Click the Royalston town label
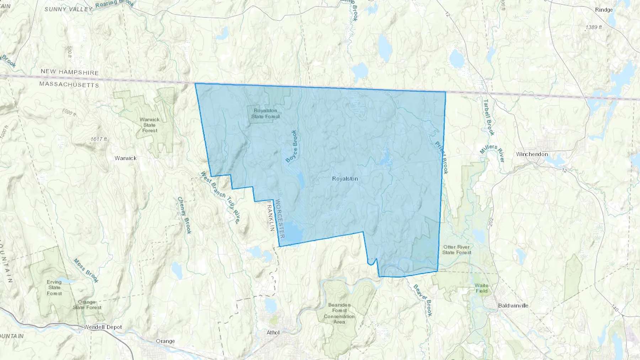pos(345,179)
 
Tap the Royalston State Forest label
pos(265,113)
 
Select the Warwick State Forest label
pos(149,125)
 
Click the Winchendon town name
pos(532,154)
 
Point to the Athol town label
pos(273,333)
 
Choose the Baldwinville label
pos(513,306)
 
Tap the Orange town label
pos(165,341)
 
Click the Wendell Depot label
pos(103,327)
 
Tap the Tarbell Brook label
pos(489,117)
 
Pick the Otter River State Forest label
pos(457,249)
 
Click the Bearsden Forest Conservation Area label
pos(339,313)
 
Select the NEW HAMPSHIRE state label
pos(69,72)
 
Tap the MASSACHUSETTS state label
pos(69,85)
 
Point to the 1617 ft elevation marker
pos(98,139)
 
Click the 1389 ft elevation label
pos(593,27)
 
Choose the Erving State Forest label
pos(54,288)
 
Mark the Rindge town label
pos(604,10)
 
